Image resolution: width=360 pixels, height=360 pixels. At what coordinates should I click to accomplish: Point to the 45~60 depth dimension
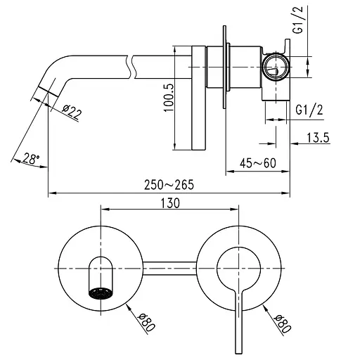click(x=257, y=163)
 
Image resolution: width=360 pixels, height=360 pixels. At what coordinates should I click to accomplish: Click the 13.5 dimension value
click(x=319, y=138)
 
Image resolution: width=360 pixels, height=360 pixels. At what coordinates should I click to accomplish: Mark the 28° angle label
click(x=30, y=159)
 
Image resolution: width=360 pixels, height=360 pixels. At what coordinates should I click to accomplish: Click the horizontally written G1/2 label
click(x=309, y=110)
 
